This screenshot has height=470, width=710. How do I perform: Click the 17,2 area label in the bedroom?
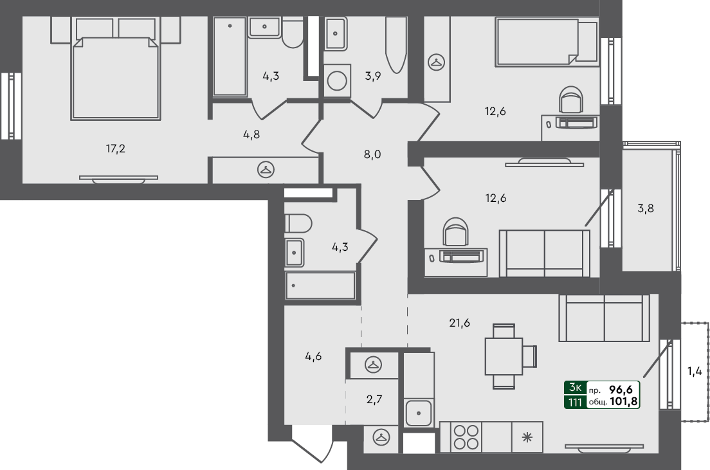click(x=116, y=149)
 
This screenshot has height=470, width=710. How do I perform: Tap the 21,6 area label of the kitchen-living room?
click(x=459, y=323)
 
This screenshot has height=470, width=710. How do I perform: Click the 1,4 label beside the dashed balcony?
click(x=695, y=371)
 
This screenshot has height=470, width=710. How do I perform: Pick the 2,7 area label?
click(x=374, y=400)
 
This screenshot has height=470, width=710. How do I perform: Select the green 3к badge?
click(x=574, y=388)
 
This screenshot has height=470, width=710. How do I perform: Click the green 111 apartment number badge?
click(x=574, y=402)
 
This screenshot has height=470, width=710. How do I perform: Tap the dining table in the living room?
click(x=504, y=356)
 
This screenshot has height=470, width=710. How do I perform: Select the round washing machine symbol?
click(x=336, y=81)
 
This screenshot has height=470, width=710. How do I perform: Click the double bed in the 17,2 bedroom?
click(x=116, y=77)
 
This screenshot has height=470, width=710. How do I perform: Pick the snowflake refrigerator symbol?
click(x=527, y=438)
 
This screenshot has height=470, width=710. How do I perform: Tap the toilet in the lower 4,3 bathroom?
click(x=298, y=224)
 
